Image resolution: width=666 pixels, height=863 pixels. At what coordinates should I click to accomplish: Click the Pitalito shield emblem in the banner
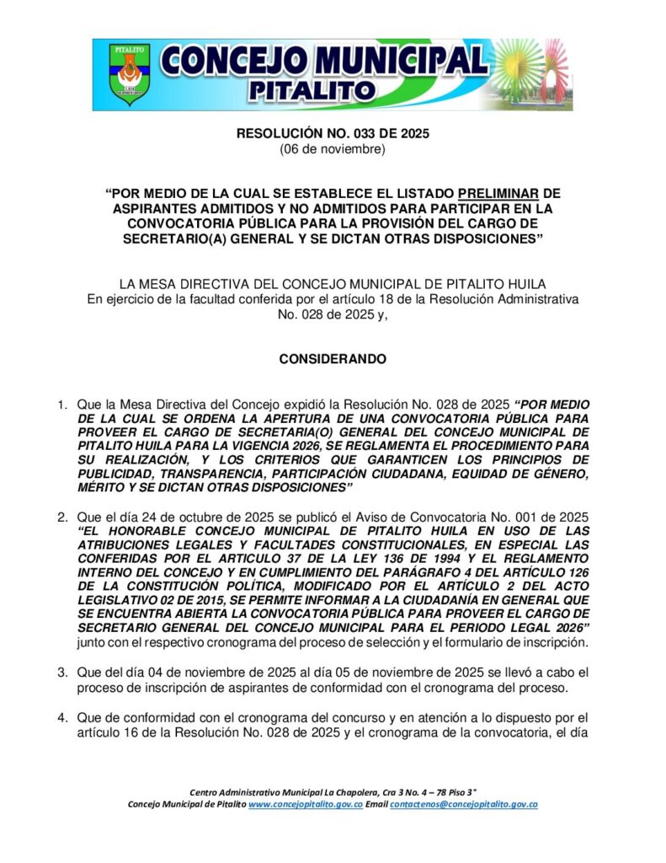click(129, 74)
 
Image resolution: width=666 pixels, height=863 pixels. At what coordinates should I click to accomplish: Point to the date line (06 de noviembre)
click(333, 149)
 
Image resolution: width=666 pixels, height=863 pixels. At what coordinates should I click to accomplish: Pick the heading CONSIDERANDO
click(333, 359)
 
